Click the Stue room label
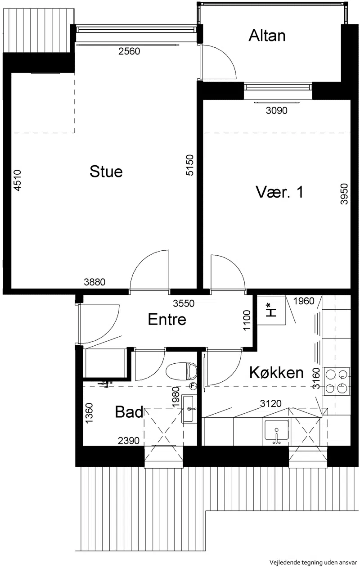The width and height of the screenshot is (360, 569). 106,172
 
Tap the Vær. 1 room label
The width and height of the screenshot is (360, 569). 279,192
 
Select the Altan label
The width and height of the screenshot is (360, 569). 267,36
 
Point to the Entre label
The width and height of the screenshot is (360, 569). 167,319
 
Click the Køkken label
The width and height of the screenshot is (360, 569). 276,373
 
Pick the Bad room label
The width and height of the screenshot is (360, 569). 129,412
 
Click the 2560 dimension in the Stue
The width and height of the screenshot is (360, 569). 129,51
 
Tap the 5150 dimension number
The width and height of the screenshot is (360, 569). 189,165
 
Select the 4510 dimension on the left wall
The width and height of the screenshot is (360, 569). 17,181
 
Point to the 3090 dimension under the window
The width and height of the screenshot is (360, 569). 276,110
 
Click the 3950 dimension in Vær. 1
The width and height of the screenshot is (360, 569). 344,194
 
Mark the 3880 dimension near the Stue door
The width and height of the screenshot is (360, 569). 94,282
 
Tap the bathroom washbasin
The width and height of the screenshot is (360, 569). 189,409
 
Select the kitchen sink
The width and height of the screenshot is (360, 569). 276,430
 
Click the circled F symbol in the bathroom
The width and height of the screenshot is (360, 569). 193,386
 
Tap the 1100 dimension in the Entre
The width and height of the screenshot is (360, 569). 247,321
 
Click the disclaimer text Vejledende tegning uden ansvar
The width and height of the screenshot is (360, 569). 313,562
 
